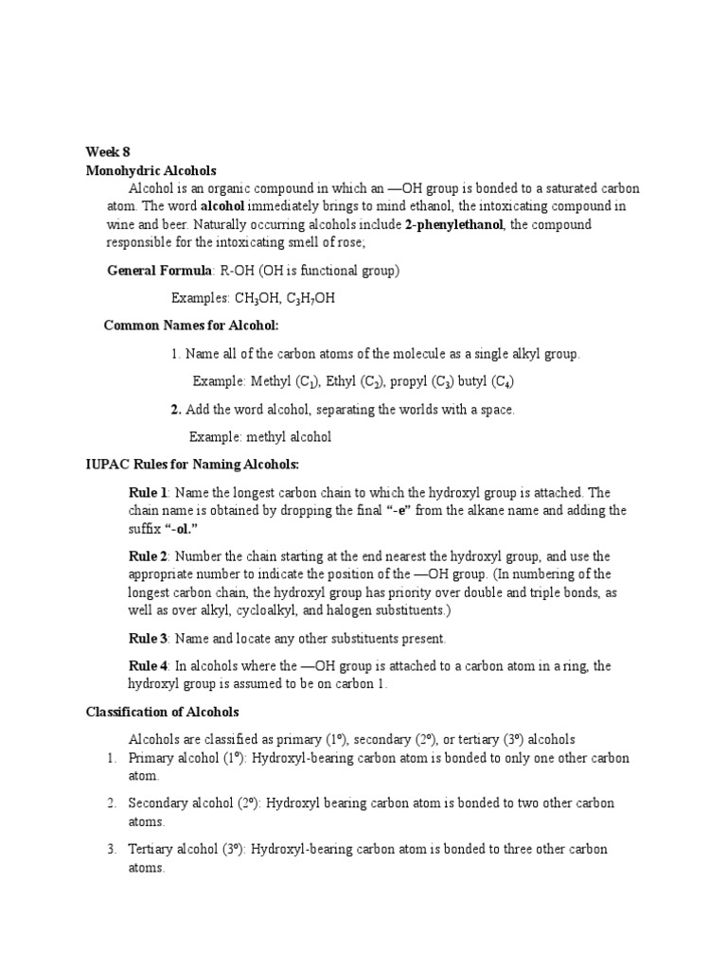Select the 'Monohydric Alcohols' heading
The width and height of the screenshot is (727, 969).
(151, 171)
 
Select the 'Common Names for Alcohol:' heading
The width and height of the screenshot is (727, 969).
(191, 326)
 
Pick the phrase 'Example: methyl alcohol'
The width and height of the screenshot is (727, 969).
(260, 437)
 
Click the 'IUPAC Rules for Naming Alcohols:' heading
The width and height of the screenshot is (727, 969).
(192, 465)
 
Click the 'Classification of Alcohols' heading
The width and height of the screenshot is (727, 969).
(163, 712)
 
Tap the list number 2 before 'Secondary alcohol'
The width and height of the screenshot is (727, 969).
(110, 803)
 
